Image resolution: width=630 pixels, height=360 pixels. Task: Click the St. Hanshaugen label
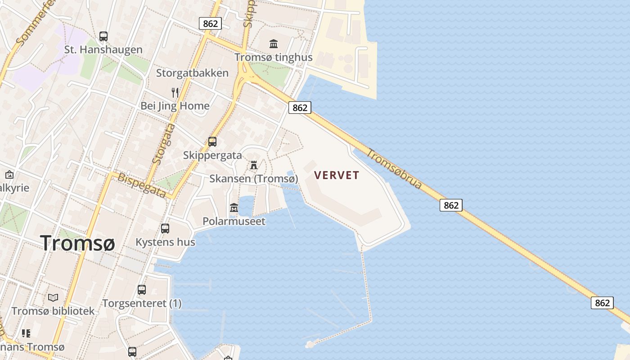[103, 49]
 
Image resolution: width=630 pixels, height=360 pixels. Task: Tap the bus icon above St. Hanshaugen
[103, 36]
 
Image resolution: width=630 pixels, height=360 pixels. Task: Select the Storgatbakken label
[192, 73]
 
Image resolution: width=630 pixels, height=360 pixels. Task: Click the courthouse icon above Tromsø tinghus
[274, 44]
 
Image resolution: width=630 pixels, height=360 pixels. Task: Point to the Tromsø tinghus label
[274, 58]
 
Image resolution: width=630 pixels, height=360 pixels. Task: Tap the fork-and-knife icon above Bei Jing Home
[175, 93]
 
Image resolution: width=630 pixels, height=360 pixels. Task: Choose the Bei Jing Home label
[175, 106]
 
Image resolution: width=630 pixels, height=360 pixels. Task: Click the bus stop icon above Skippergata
[212, 142]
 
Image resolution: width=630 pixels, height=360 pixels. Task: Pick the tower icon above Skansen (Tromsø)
[254, 165]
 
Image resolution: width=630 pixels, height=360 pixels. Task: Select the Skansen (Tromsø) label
[254, 179]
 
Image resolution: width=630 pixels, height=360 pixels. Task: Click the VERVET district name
[337, 175]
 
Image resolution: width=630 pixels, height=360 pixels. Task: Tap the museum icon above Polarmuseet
[234, 208]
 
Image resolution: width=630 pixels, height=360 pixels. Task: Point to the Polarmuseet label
[234, 221]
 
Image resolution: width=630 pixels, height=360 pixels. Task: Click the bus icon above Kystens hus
[165, 229]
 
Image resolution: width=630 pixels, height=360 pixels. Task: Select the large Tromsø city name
[77, 243]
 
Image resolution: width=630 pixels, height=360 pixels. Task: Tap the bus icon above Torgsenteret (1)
[142, 290]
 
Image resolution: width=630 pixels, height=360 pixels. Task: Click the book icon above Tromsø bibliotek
[53, 297]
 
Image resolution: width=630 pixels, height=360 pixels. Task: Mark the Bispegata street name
[142, 185]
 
